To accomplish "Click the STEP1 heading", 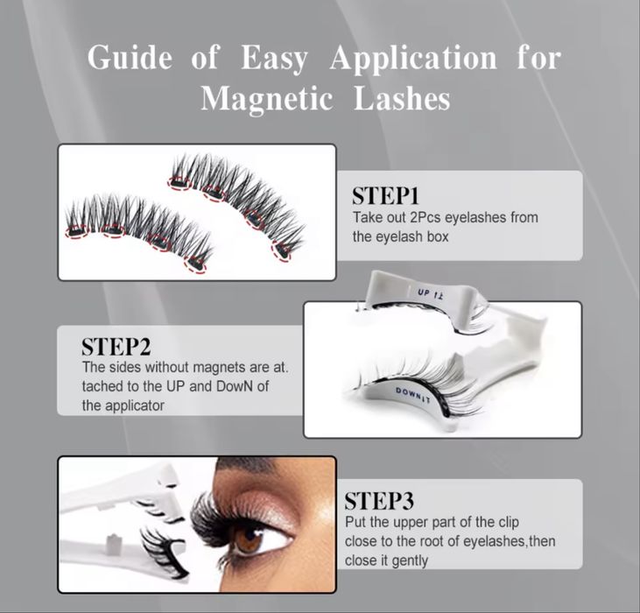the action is (385, 196).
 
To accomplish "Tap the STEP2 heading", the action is (116, 347).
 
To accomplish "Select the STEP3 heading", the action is (379, 501).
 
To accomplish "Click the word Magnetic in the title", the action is (267, 99).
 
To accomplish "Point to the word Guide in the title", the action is (130, 57).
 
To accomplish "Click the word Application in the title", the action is (413, 59).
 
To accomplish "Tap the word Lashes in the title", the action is (402, 98).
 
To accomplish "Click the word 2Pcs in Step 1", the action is (425, 217).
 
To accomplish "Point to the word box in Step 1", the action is (438, 236).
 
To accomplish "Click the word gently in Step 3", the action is (409, 561).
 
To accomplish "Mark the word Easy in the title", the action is (273, 59).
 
